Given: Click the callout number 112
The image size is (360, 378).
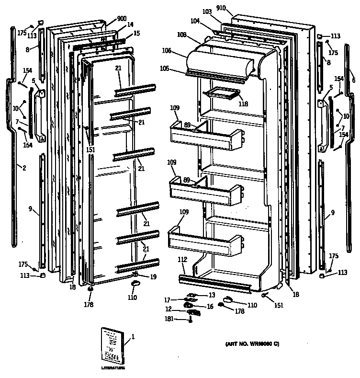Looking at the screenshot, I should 182,259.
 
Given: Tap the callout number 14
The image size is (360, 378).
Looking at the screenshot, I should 130,24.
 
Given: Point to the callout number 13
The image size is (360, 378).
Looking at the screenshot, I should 211,296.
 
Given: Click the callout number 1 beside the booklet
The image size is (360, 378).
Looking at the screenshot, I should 133,336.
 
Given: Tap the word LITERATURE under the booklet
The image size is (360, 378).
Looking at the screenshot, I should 112,368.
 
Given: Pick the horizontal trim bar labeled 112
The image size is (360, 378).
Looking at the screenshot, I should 215,283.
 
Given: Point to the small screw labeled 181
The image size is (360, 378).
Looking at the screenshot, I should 191,320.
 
